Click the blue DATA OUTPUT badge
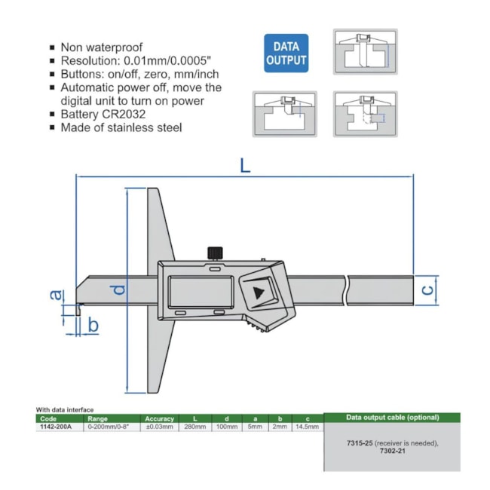(x=286, y=53)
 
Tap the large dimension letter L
(x=245, y=164)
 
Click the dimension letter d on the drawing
(x=118, y=289)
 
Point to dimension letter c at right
(x=426, y=289)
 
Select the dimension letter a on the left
(x=54, y=296)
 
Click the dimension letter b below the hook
(x=93, y=325)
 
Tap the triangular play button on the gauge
(x=259, y=292)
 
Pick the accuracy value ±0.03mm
(x=159, y=426)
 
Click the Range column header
(x=98, y=418)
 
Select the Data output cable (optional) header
(x=391, y=417)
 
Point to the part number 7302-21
(x=391, y=452)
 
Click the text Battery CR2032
(x=102, y=114)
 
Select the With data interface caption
(x=65, y=410)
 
